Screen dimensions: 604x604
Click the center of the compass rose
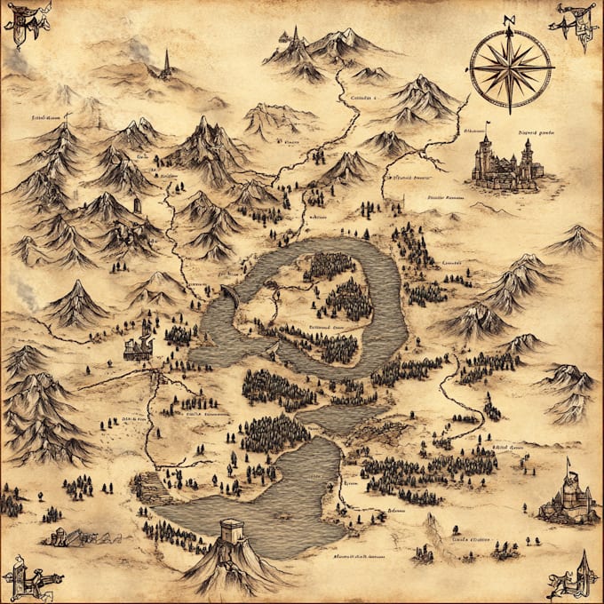pyautogui.click(x=510, y=66)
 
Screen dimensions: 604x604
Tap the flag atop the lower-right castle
pyautogui.click(x=569, y=463)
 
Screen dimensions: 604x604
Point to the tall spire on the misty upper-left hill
pyautogui.click(x=165, y=60)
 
